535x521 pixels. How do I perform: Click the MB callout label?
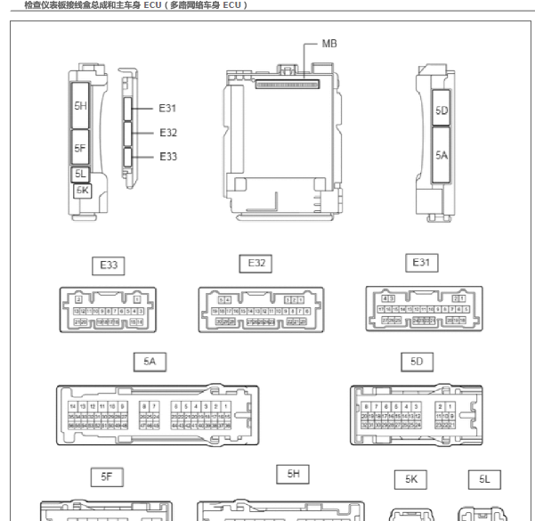coord(328,44)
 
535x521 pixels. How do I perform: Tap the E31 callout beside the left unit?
coord(167,109)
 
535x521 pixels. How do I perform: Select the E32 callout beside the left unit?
coord(167,133)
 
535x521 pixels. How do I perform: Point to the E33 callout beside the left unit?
coord(167,157)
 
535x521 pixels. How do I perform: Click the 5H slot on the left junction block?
coord(81,107)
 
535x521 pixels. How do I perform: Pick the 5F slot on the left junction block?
coord(81,148)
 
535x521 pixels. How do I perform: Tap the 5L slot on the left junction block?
coord(81,175)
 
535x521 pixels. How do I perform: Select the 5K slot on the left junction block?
coord(82,190)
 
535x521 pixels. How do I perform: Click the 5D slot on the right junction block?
coord(442,111)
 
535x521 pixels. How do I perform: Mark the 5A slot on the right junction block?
coord(442,153)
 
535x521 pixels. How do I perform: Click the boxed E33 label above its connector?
coord(109,266)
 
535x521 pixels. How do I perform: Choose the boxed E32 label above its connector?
coord(256,264)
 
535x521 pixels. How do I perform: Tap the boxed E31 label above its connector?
coord(421,263)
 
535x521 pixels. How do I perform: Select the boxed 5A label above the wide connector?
coord(150,362)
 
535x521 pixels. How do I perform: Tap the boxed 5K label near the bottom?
coord(411,479)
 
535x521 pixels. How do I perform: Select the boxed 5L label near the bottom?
coord(484,479)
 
